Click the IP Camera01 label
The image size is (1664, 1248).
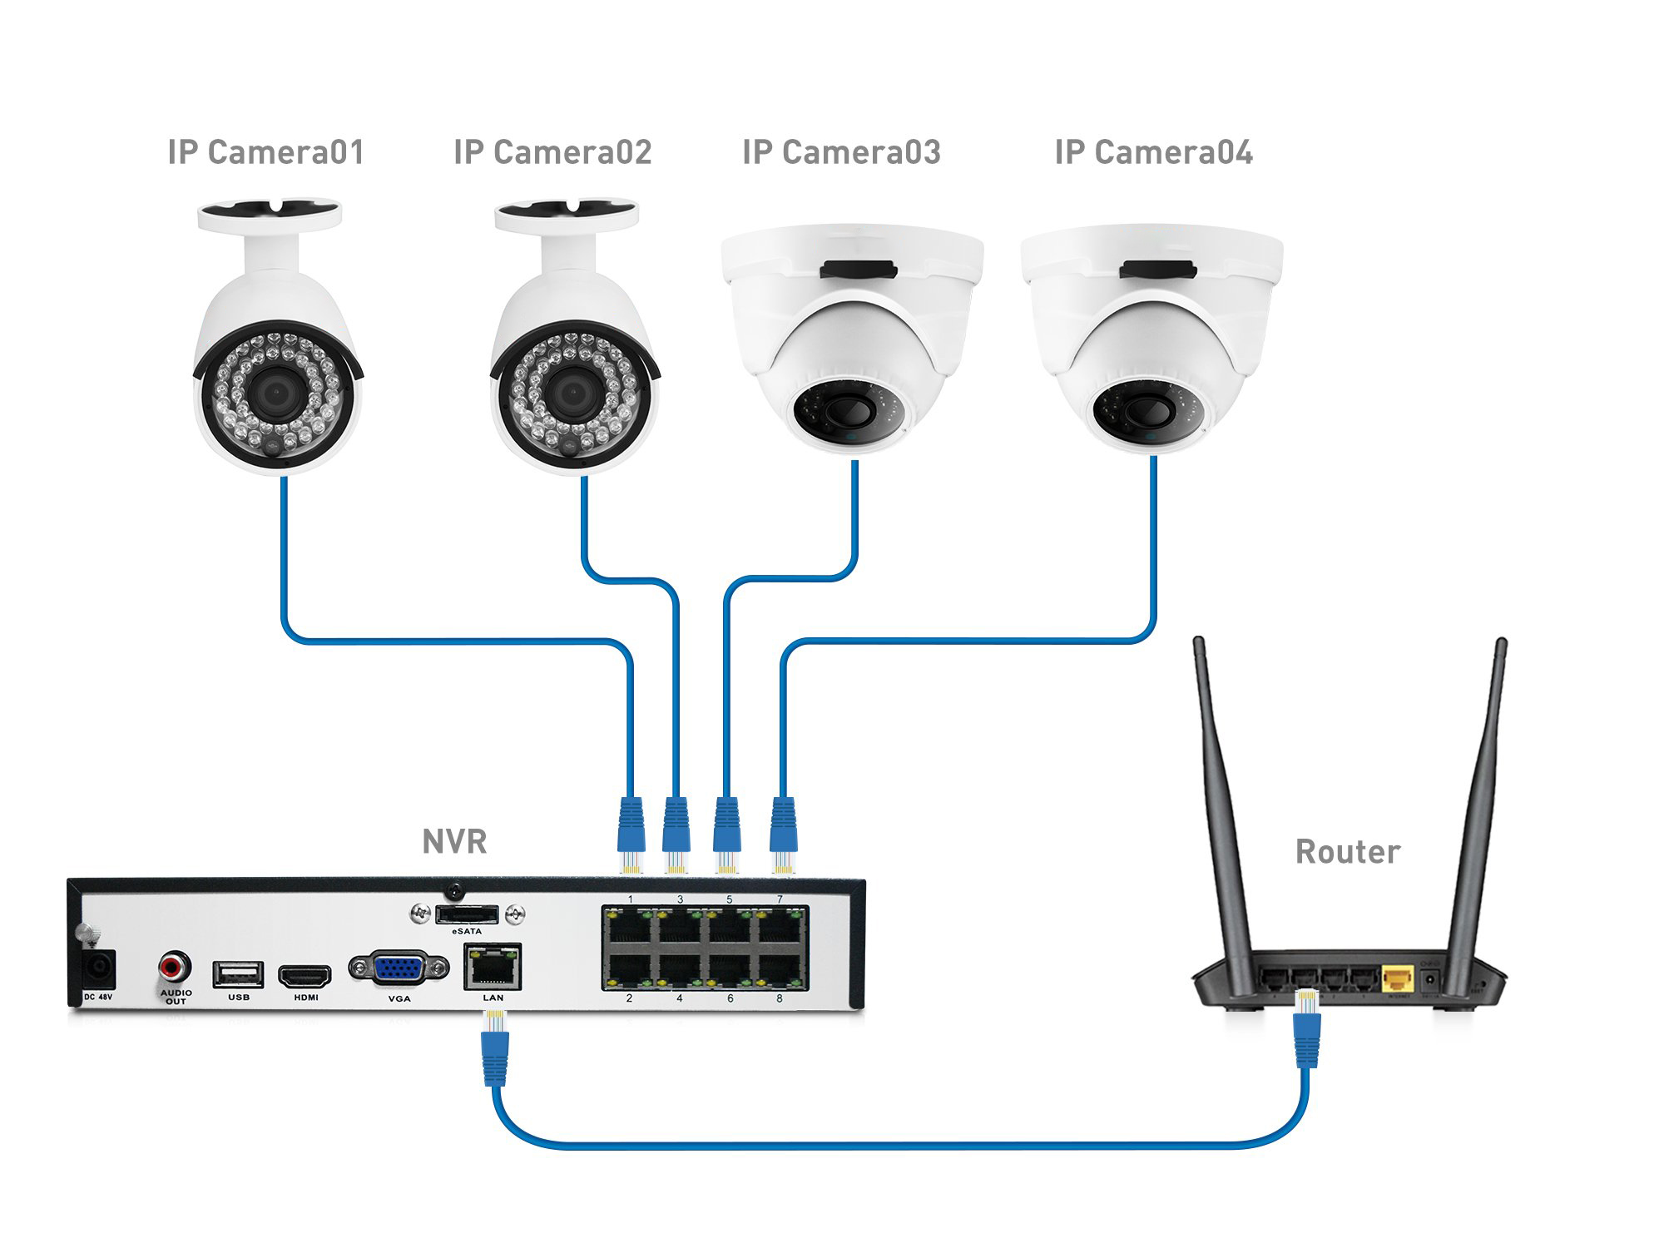(266, 152)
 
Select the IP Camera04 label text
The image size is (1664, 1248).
(1153, 152)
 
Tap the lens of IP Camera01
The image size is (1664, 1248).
(274, 392)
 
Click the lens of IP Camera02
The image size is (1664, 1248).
(572, 392)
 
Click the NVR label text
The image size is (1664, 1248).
(453, 842)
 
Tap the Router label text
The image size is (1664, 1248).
(1348, 852)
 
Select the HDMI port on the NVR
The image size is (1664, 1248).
(305, 974)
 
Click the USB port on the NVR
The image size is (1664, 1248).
(238, 974)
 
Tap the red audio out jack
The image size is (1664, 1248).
(174, 968)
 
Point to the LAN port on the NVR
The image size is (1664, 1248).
(493, 967)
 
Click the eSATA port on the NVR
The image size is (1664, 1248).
(467, 915)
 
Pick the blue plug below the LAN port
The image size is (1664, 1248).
(495, 1052)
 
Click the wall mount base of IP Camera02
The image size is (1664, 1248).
(567, 215)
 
